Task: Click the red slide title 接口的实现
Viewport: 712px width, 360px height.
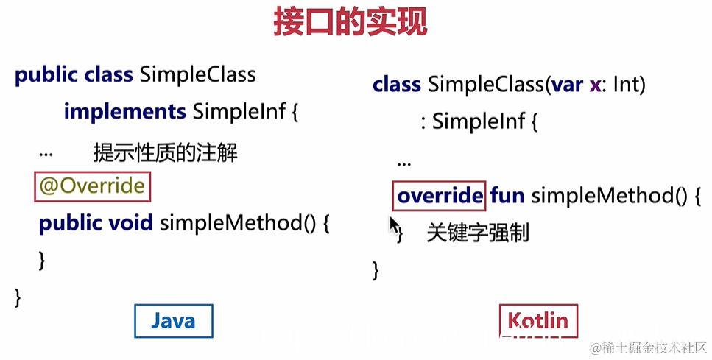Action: tap(350, 22)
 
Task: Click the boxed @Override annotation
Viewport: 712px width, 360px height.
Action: tap(92, 186)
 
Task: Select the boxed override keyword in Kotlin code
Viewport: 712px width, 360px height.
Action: tap(439, 196)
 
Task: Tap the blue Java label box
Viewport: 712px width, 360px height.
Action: tap(173, 321)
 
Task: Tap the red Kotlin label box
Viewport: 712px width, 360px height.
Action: tap(538, 321)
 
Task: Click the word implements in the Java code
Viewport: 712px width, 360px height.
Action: tap(124, 112)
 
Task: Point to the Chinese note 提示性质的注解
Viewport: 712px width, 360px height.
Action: tap(165, 153)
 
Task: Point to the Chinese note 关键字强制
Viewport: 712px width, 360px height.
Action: tap(477, 233)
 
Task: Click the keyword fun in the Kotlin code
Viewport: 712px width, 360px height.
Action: tap(507, 196)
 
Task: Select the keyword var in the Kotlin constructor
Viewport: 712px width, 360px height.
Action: tap(565, 85)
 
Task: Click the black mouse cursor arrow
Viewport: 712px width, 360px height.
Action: tap(394, 224)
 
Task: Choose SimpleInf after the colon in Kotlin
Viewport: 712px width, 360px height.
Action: tap(478, 121)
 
